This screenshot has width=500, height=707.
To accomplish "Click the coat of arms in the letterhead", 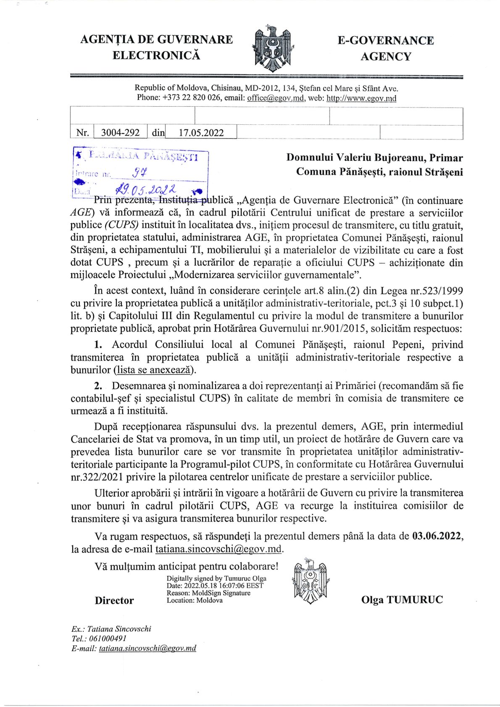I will pos(272,47).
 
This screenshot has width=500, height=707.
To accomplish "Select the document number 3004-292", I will pos(120,133).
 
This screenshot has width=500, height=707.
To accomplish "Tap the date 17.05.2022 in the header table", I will pos(201,133).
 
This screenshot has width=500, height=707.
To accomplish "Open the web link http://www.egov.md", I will pos(361,98).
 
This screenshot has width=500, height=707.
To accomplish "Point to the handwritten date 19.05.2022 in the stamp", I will pos(147,190).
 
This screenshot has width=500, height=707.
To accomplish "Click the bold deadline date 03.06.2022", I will pos(437,536).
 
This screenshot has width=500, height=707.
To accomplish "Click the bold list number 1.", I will pos(98,345).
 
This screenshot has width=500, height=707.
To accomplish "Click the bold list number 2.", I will pos(98,386).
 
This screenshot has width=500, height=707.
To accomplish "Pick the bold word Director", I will pos(114,600).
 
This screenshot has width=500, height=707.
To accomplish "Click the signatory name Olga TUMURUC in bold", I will pos(402,600).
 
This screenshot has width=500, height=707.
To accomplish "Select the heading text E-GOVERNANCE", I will pos(385,41).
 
